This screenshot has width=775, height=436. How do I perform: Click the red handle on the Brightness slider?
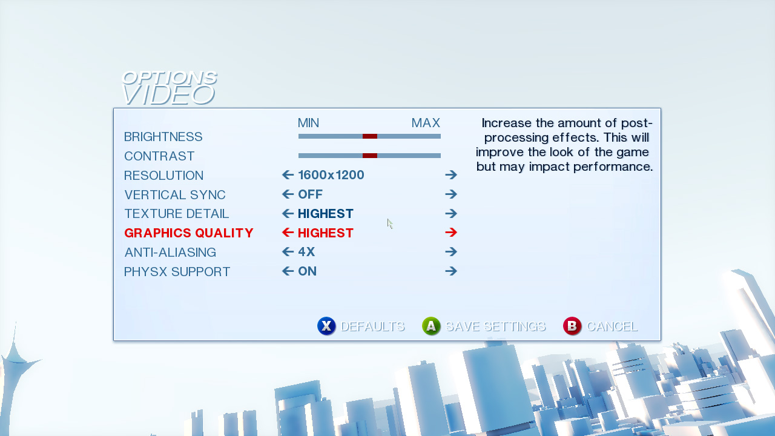click(370, 136)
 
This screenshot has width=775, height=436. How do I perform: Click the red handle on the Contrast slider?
click(370, 156)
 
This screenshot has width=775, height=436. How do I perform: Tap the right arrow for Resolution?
click(451, 175)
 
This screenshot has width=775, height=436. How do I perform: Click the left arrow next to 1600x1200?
click(288, 175)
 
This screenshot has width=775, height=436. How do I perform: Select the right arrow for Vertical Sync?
click(451, 194)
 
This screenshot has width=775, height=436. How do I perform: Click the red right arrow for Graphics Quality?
click(451, 233)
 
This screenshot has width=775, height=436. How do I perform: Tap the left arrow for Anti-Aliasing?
click(288, 251)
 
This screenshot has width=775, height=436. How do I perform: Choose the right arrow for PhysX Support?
click(451, 271)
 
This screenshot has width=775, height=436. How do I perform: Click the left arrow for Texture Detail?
click(288, 214)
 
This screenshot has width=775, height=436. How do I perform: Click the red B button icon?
click(572, 326)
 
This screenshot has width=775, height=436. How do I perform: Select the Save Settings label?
click(495, 326)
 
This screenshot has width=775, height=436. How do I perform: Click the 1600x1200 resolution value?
click(331, 175)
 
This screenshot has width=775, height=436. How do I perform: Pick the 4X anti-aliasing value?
click(306, 252)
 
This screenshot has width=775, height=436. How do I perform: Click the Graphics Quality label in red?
click(189, 233)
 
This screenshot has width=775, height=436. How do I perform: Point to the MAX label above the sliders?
click(426, 123)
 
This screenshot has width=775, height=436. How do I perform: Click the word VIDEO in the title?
click(168, 95)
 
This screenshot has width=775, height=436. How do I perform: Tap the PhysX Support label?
click(177, 272)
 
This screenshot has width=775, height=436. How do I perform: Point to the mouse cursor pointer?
click(390, 224)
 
